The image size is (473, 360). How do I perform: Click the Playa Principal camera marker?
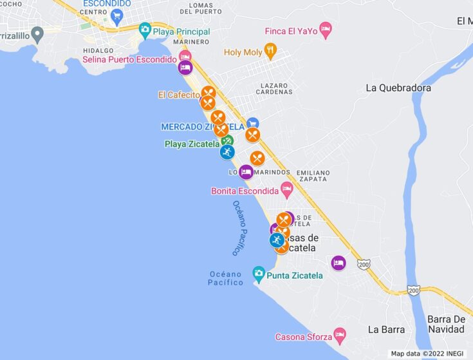click(145, 30)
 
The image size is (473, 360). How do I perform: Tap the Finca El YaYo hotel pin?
click(326, 30)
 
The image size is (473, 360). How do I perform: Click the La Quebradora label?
click(398, 88)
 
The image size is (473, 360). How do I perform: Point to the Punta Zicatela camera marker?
click(259, 273)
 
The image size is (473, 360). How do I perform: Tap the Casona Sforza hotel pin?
click(339, 335)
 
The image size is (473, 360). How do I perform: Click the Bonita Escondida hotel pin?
click(287, 189)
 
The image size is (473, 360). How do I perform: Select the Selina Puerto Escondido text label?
click(129, 59)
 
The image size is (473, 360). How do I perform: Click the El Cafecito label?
click(179, 95)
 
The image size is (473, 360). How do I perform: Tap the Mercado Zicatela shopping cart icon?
click(252, 123)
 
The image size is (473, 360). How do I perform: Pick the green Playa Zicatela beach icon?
click(227, 141)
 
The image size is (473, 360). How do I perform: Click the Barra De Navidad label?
click(446, 324)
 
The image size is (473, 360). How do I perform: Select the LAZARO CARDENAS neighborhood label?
click(277, 88)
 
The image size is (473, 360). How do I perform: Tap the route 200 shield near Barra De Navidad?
click(413, 291)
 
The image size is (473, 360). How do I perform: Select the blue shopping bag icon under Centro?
click(116, 15)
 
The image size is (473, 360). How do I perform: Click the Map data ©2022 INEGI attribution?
click(427, 354)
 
